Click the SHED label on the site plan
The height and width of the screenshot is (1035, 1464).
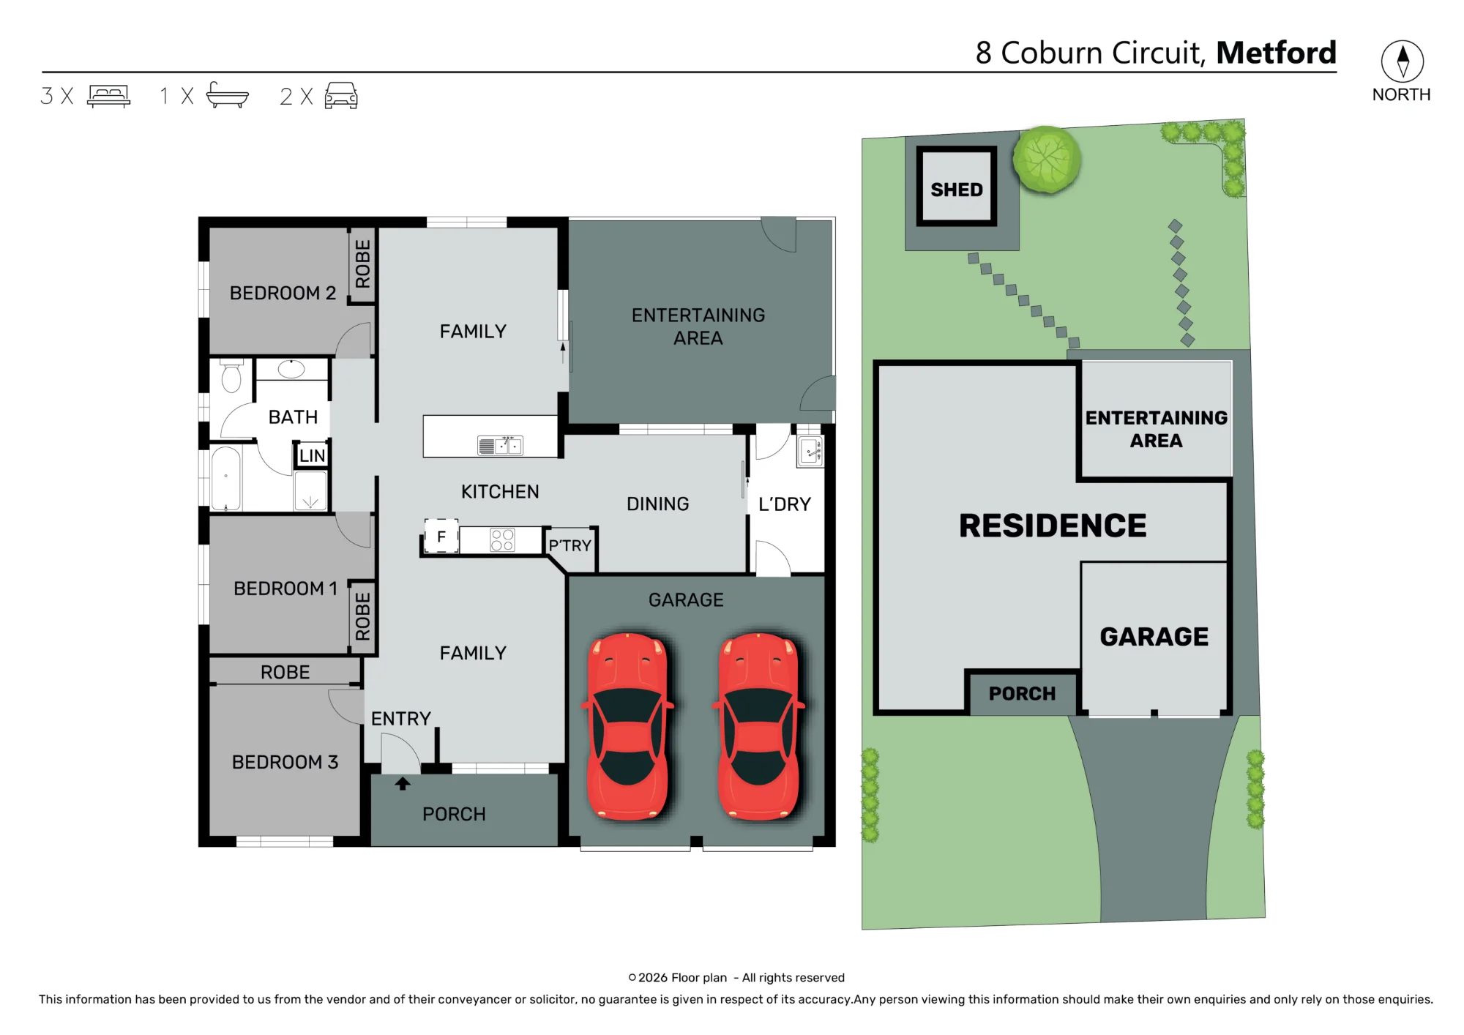tap(957, 190)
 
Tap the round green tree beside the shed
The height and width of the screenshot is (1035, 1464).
tap(1047, 160)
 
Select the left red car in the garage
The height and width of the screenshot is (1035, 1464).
tap(628, 726)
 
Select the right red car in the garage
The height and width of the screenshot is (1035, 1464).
tap(758, 726)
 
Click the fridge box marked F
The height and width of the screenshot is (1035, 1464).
tap(441, 537)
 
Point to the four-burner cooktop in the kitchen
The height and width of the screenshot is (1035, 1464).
tap(502, 540)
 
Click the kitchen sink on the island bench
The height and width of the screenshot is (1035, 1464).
tap(501, 444)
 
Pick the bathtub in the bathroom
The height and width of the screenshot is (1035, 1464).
tap(225, 478)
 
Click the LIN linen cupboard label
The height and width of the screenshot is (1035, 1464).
tap(312, 455)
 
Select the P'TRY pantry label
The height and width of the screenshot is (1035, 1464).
tap(569, 545)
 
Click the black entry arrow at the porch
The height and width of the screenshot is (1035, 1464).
tap(403, 784)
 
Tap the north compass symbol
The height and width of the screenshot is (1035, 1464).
tap(1403, 61)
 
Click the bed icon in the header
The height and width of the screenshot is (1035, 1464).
tap(108, 96)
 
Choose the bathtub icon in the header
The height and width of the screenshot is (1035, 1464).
tap(228, 95)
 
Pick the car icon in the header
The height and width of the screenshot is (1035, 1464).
tap(341, 96)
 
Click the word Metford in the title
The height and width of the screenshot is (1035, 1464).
tap(1276, 53)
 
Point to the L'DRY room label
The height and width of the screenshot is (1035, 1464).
tap(785, 504)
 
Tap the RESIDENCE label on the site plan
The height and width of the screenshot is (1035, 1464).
tap(1053, 526)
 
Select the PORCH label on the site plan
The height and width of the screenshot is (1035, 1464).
tap(1022, 693)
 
